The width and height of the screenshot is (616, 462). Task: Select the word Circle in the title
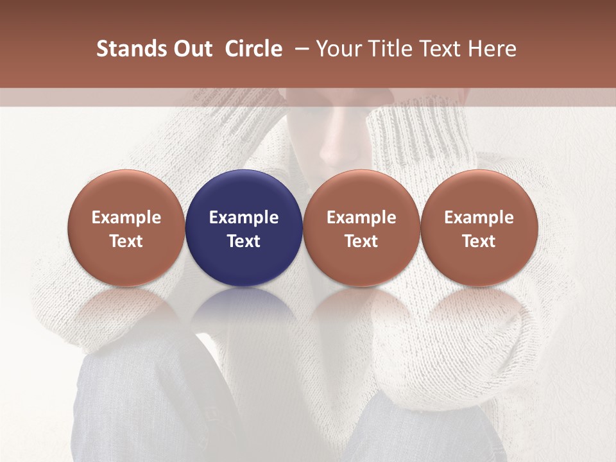click(253, 49)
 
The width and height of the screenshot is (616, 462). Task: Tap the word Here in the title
click(491, 49)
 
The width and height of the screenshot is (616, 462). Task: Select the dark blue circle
click(244, 227)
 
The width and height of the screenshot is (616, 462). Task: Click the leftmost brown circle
click(126, 227)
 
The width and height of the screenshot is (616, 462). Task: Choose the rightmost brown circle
click(479, 227)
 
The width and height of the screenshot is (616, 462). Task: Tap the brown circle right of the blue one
click(361, 227)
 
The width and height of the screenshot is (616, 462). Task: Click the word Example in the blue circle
click(244, 218)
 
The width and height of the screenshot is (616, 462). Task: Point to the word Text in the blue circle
click(244, 241)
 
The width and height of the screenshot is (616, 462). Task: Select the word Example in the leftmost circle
click(126, 218)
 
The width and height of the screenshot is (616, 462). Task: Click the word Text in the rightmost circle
click(479, 241)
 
